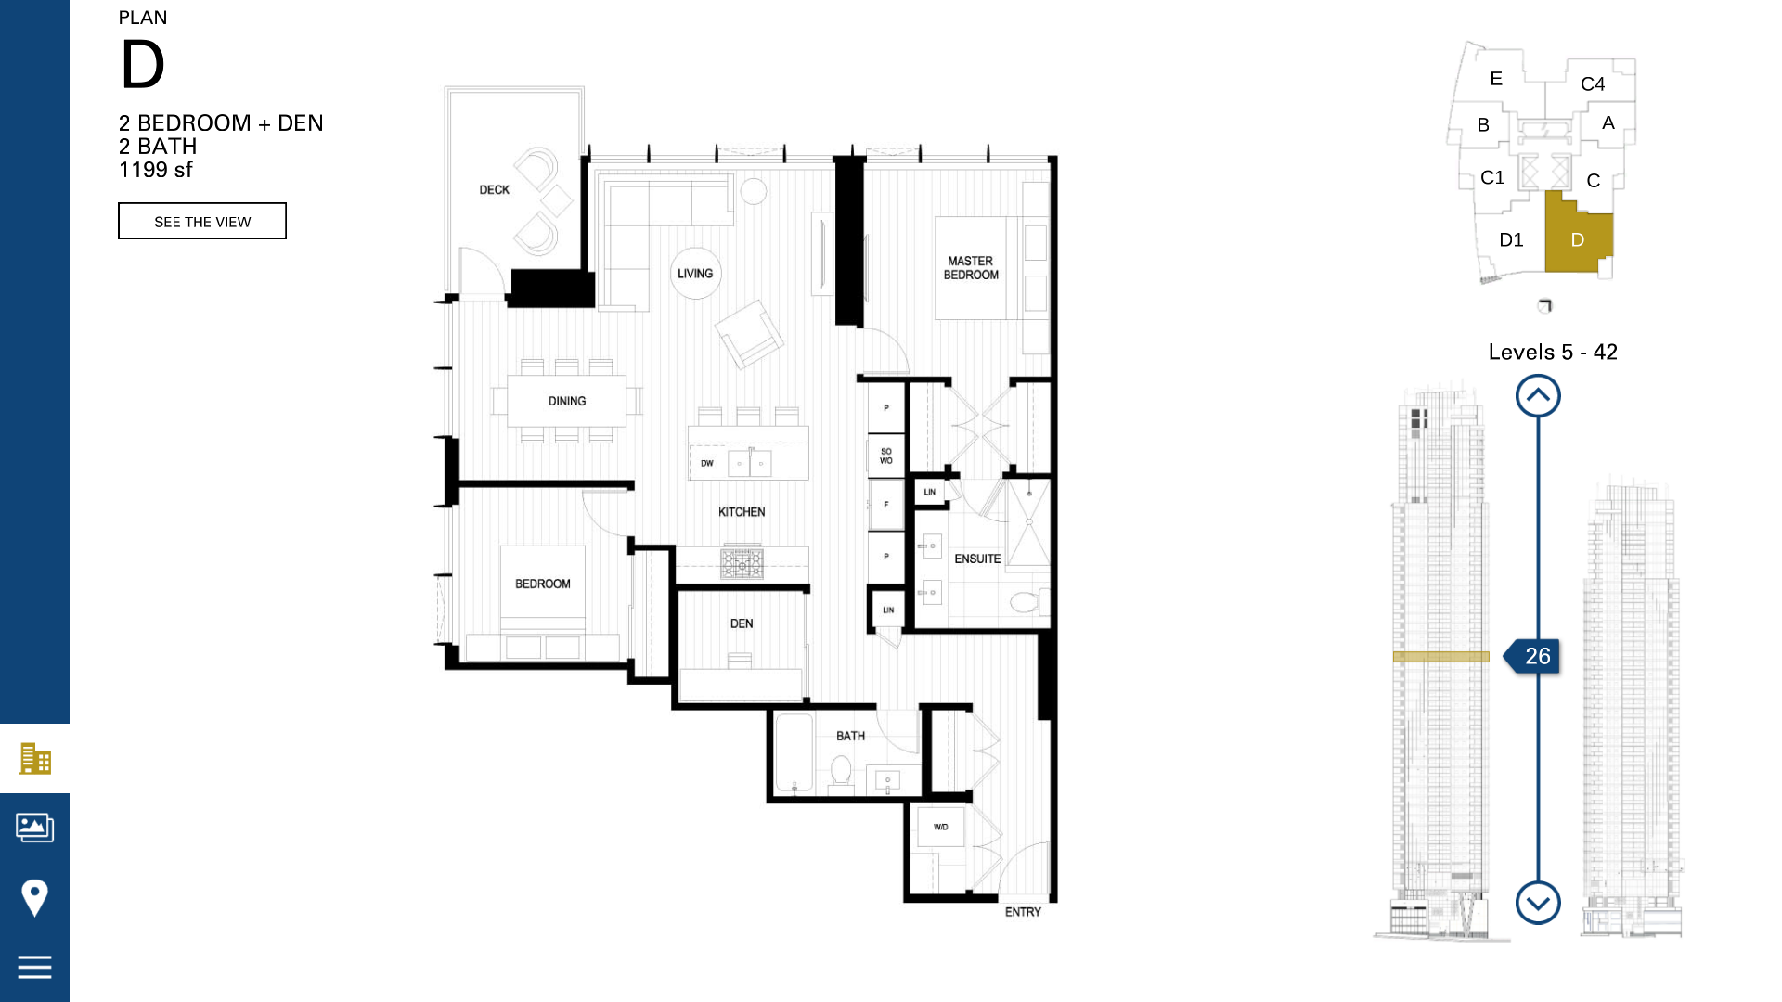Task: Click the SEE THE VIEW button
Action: pos(202,221)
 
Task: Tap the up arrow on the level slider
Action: pos(1538,396)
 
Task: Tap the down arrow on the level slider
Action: pos(1538,902)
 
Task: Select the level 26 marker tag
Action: pos(1532,656)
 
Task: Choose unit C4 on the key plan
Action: pos(1593,83)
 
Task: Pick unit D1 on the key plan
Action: pos(1511,240)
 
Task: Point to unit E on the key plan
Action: pos(1496,79)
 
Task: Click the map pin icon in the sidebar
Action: pos(34,897)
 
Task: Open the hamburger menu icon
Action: pos(34,967)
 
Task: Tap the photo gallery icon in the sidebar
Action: pos(34,827)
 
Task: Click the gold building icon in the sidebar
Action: pos(35,759)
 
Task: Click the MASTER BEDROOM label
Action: pos(971,268)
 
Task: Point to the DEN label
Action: pos(742,623)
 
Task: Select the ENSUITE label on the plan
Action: pos(977,559)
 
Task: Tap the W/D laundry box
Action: pos(940,827)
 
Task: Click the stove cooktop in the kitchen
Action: pos(742,563)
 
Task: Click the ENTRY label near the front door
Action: pos(1023,912)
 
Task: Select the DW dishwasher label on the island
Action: pos(707,463)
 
